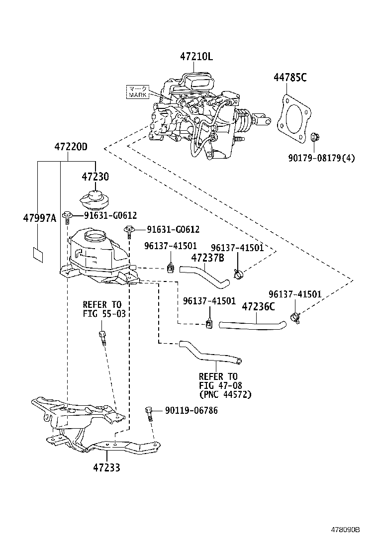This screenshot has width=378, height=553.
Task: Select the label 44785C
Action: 289,78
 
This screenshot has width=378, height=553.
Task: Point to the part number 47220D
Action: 71,147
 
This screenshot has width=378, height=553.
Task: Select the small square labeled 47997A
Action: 37,254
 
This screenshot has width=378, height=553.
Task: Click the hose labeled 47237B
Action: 204,275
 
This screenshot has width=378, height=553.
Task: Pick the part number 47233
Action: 106,467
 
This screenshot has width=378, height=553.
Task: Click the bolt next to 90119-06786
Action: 148,413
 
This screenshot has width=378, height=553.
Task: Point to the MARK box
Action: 138,92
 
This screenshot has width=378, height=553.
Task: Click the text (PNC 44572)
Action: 225,395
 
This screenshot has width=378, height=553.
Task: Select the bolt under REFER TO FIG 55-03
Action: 102,337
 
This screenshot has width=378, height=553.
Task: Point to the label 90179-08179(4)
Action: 321,158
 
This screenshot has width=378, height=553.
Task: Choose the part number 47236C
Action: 258,306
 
